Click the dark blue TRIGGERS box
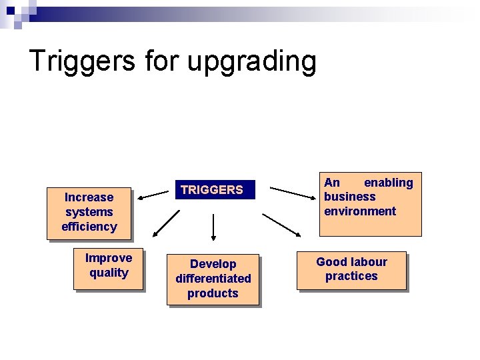[212, 190]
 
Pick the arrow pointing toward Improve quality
[166, 223]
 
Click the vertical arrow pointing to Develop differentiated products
[213, 227]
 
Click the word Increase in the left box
[89, 197]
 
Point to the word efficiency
[89, 227]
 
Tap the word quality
[109, 273]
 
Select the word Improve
[109, 258]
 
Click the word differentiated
[213, 279]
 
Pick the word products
[213, 293]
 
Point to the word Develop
[213, 264]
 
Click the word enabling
[388, 183]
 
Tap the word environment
[360, 211]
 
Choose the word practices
[351, 276]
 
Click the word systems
[89, 212]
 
